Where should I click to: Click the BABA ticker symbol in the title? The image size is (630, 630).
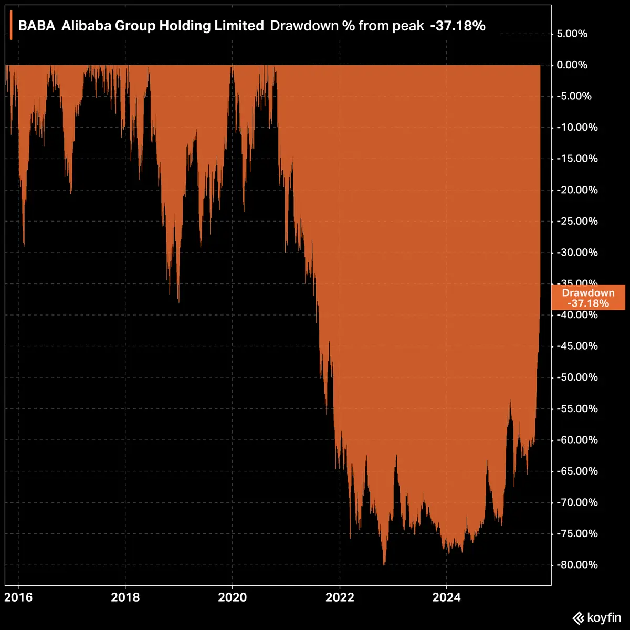(37, 26)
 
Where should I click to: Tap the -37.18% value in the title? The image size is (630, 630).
(458, 26)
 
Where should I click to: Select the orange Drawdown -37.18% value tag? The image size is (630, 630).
(588, 298)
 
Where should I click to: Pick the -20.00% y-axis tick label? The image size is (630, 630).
(576, 190)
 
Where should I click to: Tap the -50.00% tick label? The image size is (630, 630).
(576, 377)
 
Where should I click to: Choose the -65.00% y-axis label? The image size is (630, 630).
(576, 471)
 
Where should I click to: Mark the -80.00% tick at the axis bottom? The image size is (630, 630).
(576, 565)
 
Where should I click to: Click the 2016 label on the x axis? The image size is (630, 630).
(18, 597)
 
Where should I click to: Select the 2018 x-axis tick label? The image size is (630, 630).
(125, 597)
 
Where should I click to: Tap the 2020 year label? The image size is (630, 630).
(232, 597)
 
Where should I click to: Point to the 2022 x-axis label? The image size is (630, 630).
(339, 597)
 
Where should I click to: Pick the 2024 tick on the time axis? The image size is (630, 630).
(446, 597)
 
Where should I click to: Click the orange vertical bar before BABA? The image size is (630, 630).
(11, 26)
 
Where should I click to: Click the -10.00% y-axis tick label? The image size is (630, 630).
(576, 128)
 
